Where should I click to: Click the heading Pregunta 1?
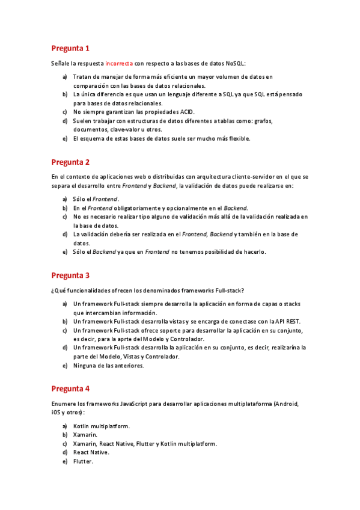(70, 48)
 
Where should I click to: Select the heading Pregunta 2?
(70, 162)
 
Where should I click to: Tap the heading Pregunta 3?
(70, 275)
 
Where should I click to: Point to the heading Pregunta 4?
(70, 389)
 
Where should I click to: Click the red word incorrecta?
(118, 63)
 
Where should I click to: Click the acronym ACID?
(188, 112)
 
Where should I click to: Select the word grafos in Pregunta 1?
(263, 121)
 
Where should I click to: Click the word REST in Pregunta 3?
(291, 322)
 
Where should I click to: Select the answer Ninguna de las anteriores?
(108, 366)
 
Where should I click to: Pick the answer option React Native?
(91, 452)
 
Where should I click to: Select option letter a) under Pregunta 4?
(64, 426)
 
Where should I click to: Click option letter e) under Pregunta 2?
(64, 251)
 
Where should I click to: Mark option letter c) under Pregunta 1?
(64, 112)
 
